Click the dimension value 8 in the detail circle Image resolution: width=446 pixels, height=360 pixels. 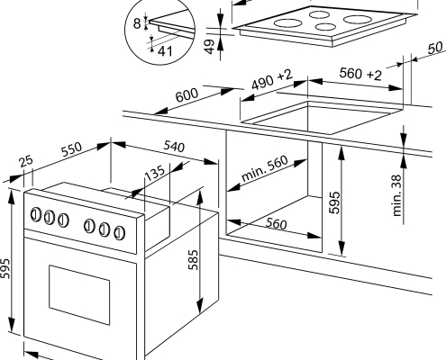[x=137, y=23]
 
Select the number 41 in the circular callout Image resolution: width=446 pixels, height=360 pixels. [x=165, y=51]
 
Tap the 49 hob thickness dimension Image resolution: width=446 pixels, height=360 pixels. [x=211, y=47]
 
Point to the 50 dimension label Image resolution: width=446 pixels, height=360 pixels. [x=435, y=48]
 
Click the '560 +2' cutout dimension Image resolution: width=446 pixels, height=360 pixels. [x=360, y=74]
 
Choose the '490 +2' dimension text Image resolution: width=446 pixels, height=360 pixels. [x=272, y=79]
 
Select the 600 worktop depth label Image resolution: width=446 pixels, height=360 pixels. [x=187, y=95]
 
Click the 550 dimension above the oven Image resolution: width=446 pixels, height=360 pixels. [x=71, y=149]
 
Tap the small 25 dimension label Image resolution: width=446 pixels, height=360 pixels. [x=26, y=161]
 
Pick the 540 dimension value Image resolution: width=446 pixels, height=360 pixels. [x=174, y=146]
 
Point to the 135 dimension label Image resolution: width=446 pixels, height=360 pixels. [x=155, y=173]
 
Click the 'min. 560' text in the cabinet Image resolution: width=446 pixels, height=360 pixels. [x=265, y=168]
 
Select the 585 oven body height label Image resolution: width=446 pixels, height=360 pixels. [x=194, y=259]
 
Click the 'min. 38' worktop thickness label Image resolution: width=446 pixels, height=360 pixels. [x=397, y=195]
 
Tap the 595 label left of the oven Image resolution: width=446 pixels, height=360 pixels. [x=5, y=268]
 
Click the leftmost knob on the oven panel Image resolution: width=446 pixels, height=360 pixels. [x=36, y=214]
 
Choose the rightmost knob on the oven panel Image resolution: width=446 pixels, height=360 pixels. [x=120, y=233]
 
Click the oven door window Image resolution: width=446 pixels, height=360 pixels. [x=79, y=294]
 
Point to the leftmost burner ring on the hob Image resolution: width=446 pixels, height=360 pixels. [x=287, y=23]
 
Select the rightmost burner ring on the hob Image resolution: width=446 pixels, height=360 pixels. [x=358, y=20]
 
